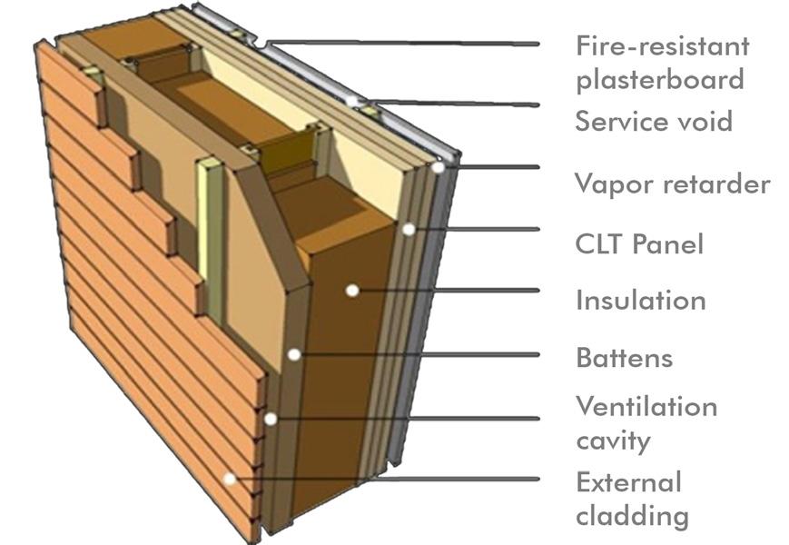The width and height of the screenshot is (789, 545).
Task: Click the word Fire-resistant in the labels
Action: [x=662, y=45]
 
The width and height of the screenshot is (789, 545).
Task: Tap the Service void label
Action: [x=654, y=121]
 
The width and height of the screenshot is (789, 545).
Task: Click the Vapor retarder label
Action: [x=673, y=184]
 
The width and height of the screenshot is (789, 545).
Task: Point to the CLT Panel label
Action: [x=639, y=243]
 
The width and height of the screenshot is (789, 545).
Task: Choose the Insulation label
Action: [x=640, y=300]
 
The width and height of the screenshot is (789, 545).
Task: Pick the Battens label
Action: [x=625, y=357]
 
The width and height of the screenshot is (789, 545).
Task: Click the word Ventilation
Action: [x=646, y=406]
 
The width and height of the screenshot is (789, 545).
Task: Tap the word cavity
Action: [x=614, y=441]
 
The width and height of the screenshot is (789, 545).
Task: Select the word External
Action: [x=628, y=481]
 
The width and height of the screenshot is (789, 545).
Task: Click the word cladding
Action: [x=632, y=516]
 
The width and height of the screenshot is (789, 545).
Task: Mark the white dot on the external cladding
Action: [x=231, y=479]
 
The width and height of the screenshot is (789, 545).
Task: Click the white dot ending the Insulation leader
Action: [x=350, y=291]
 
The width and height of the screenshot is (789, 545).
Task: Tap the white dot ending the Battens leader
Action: [x=293, y=354]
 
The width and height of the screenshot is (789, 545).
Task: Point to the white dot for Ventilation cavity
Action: [x=271, y=419]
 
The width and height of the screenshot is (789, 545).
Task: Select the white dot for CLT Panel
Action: [x=409, y=230]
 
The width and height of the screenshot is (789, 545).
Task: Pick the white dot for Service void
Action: [x=352, y=101]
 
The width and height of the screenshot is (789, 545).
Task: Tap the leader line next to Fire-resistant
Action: [x=409, y=42]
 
